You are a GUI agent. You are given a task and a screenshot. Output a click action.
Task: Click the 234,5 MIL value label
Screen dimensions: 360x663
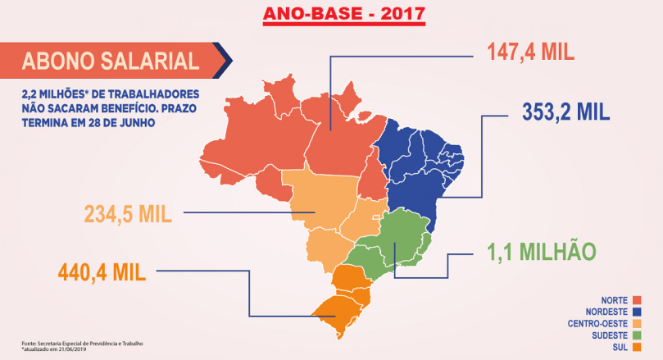(x=127, y=214)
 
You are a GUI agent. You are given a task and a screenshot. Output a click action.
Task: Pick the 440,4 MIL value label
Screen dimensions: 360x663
(x=102, y=270)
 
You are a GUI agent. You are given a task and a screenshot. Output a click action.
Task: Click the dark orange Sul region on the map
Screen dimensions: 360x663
(x=344, y=299)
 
